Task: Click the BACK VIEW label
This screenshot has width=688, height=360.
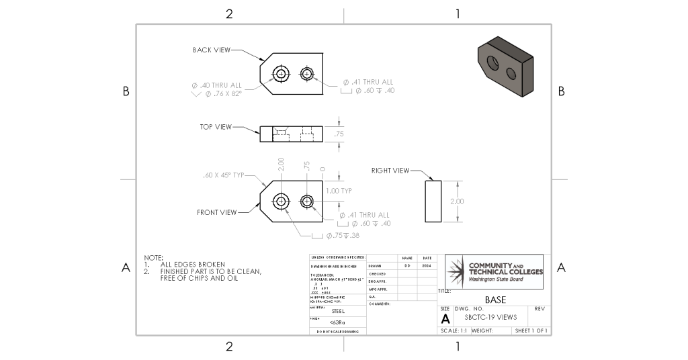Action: click(212, 50)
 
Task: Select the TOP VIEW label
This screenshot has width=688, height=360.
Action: click(216, 126)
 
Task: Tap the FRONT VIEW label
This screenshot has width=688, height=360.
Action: click(216, 212)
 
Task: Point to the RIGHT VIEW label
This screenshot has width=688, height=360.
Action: click(390, 171)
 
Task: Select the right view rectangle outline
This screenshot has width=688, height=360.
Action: click(433, 201)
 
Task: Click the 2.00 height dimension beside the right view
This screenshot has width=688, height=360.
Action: click(457, 201)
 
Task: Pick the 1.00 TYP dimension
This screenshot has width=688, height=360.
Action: click(339, 190)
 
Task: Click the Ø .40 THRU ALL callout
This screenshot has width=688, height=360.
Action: click(216, 85)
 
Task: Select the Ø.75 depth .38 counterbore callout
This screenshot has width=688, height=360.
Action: click(342, 236)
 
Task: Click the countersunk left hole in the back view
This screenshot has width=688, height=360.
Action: click(281, 73)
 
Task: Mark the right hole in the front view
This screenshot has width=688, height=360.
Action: click(308, 201)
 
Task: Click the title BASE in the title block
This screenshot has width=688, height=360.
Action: click(495, 299)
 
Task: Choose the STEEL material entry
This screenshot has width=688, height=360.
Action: click(338, 312)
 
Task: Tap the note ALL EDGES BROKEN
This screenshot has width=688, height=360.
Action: click(193, 265)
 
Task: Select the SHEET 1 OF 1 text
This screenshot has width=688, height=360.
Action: click(531, 331)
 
